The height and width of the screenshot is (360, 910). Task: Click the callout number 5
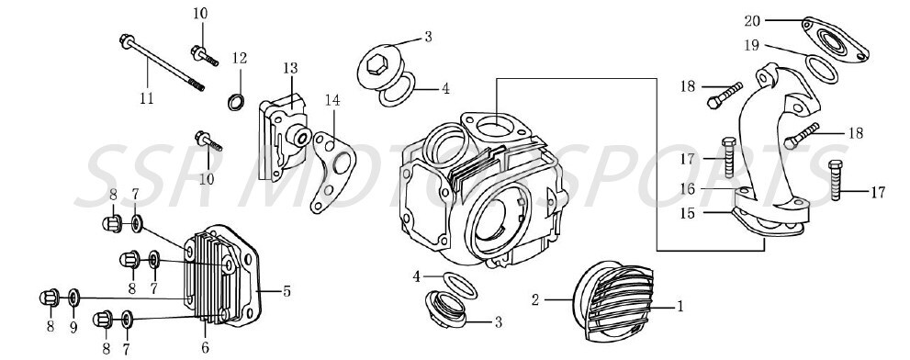tap(286, 292)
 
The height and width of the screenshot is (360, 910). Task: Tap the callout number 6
tap(205, 346)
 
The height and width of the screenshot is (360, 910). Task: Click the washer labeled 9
tap(75, 298)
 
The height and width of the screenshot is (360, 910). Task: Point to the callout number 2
tap(536, 298)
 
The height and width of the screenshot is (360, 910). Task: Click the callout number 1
tap(680, 307)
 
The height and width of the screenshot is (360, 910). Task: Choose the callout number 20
tap(752, 19)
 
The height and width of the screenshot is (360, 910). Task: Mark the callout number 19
tap(752, 46)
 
